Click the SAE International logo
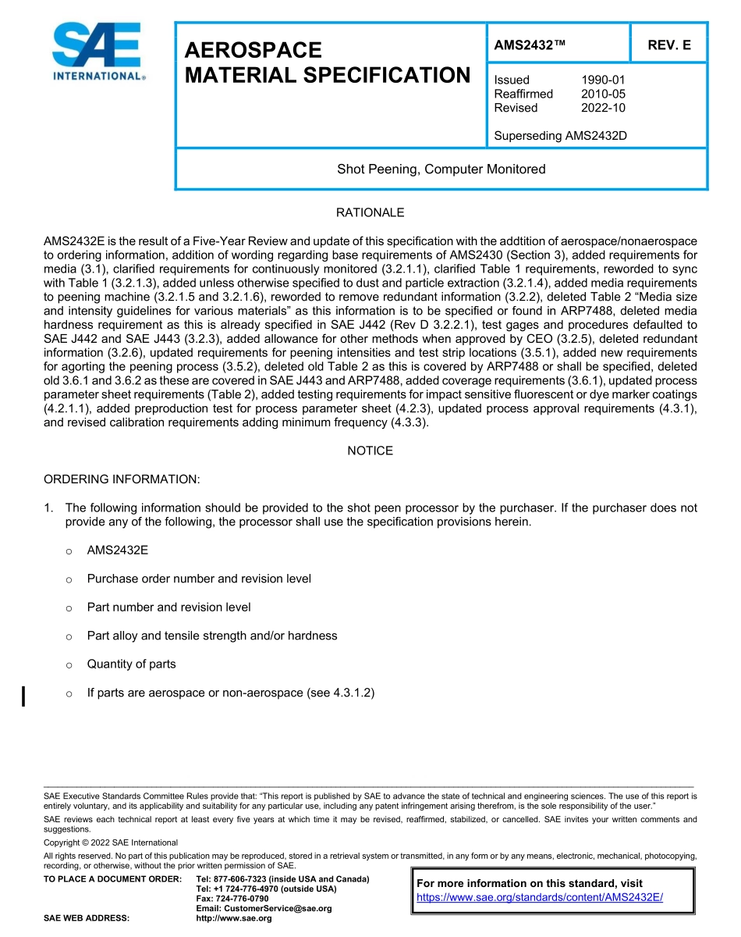point(97,52)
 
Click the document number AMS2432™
point(530,45)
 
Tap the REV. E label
point(668,45)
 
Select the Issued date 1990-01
point(603,80)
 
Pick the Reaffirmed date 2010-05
point(603,94)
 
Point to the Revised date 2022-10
point(603,108)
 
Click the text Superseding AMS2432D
point(560,136)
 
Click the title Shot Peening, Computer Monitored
point(441,169)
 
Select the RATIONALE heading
point(370,212)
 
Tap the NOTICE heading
point(370,451)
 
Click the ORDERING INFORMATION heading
point(122,479)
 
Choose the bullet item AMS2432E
point(117,550)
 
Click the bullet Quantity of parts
point(131,664)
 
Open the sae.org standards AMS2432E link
point(539,897)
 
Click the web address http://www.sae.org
point(233,918)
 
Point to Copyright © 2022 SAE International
point(111,843)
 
